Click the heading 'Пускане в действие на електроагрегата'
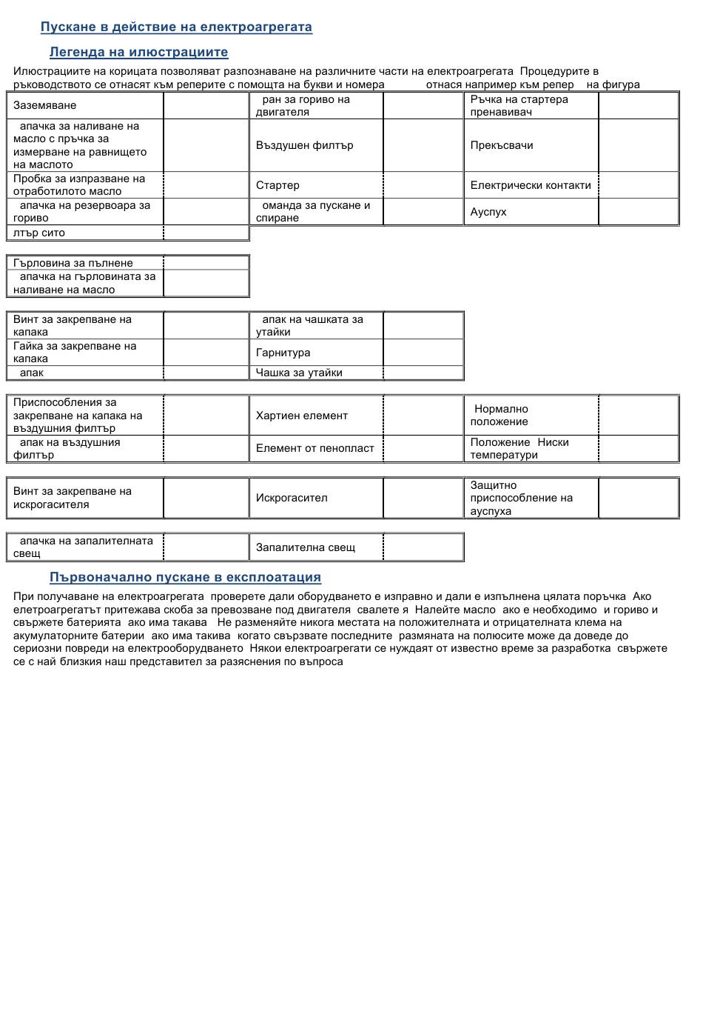[x=176, y=27]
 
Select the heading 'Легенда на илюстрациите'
[x=138, y=53]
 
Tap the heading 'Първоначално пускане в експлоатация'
[x=185, y=578]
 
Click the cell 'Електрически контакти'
[x=531, y=185]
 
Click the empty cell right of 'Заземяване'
[x=206, y=106]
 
